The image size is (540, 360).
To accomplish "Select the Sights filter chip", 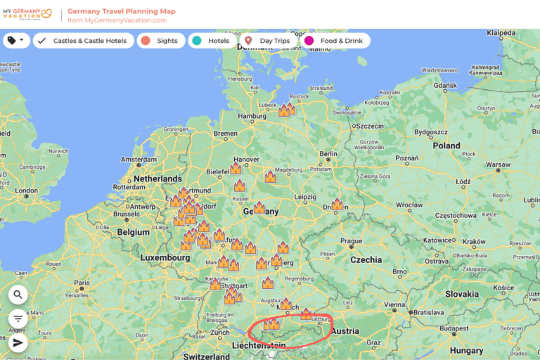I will click(161, 41).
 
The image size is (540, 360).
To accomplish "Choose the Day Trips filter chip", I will click(268, 41).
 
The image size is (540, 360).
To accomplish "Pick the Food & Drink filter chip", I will click(335, 41).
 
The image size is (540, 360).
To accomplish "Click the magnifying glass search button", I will click(18, 295).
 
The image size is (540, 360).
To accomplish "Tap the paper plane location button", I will click(18, 342).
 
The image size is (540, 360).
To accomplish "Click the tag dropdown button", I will click(15, 41).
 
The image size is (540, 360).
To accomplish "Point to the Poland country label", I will click(446, 146).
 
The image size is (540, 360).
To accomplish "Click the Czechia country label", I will click(366, 259).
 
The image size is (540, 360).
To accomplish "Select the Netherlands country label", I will click(157, 179).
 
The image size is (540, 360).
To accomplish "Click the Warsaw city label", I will click(498, 165).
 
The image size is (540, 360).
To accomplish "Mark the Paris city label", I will click(82, 283).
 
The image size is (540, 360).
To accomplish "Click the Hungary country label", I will click(467, 350).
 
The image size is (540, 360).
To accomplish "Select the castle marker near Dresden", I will click(337, 204).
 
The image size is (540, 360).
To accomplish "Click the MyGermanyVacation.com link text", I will click(117, 20).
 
